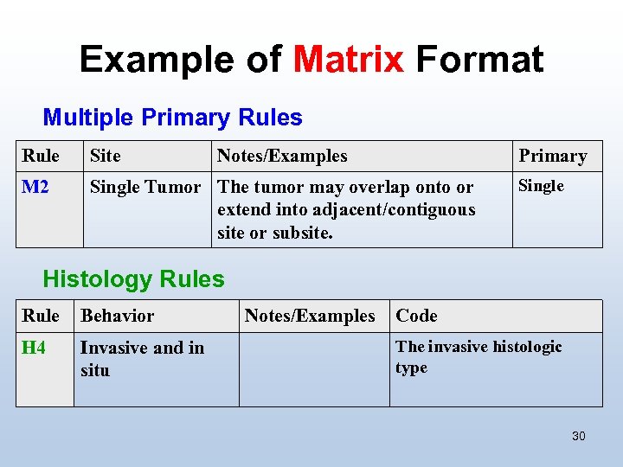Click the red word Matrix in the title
[349, 60]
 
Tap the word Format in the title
[479, 60]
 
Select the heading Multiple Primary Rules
[172, 118]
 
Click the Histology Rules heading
[133, 279]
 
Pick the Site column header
[106, 157]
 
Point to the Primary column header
[552, 157]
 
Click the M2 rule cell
[35, 187]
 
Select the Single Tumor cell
[145, 187]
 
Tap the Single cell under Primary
[541, 186]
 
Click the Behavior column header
[117, 317]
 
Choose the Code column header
[416, 317]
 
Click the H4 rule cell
[34, 348]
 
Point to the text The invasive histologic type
[478, 357]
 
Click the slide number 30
[578, 436]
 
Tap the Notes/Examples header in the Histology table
[310, 317]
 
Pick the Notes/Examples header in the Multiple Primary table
[282, 157]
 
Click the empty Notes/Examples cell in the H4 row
[313, 369]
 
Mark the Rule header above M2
[41, 157]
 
